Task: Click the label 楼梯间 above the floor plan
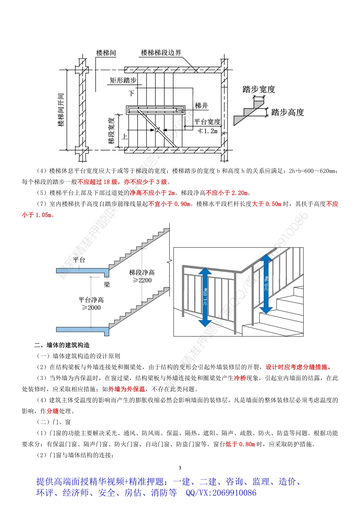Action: pos(106,53)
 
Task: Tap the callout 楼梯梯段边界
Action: pos(161,53)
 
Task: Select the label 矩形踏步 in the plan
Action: pos(123,80)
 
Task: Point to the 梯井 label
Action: pos(201,106)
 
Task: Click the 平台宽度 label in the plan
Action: pos(207,122)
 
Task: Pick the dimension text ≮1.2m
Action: pos(208,131)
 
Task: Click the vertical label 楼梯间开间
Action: pos(61,110)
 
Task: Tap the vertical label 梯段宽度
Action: pos(111,131)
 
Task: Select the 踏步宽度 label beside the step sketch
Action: pos(259,90)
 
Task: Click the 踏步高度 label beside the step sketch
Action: pos(288,113)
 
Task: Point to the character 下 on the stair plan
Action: pos(131,93)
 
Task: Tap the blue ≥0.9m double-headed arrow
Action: pos(266,284)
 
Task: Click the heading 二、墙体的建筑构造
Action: pos(62,345)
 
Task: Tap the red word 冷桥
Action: pos(240,378)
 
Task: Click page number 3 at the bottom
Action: pos(180,468)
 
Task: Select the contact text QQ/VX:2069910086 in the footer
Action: pos(221,493)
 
